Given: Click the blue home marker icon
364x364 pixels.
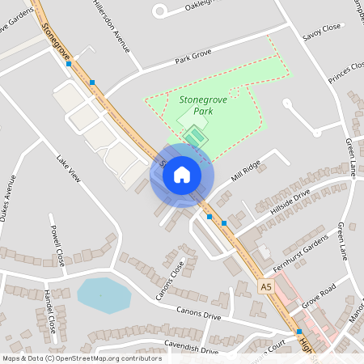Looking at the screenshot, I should pos(182,175).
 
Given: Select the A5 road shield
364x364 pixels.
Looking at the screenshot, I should pos(266,287).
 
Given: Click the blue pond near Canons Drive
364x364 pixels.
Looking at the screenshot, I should pos(103,295).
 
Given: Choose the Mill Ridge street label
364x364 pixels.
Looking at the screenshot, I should pos(245,170).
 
